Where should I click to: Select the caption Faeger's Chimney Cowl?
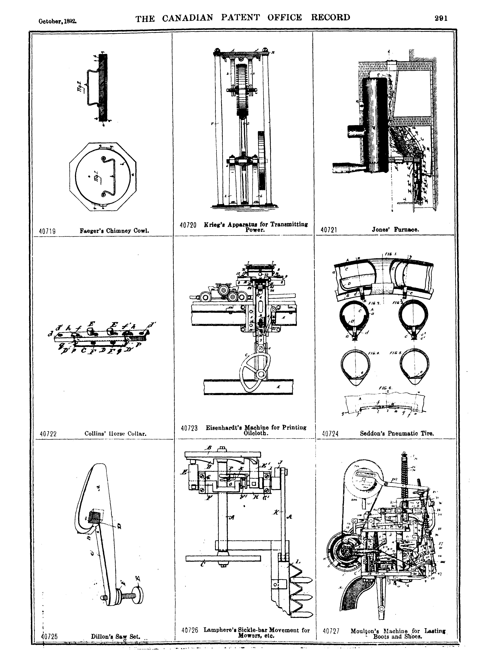pos(114,231)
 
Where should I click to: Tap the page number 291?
pos(441,18)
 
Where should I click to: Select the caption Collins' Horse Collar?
pos(115,434)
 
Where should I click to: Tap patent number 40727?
pos(331,631)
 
